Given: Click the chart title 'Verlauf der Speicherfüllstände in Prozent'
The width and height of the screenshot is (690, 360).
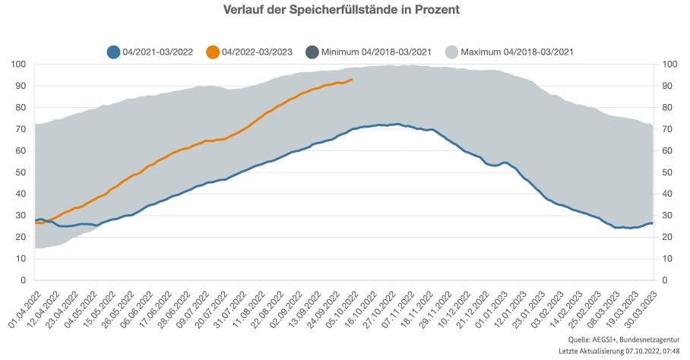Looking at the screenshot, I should (342, 11).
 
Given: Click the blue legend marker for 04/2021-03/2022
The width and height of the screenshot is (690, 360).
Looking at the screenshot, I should (113, 52).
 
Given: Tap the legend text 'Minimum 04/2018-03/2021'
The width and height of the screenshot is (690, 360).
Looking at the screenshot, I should (377, 52).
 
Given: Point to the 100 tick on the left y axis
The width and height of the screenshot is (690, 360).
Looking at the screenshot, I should (19, 64).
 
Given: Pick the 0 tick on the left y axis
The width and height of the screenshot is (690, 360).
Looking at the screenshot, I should (24, 280).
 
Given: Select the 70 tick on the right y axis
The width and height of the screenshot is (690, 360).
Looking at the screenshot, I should (669, 129).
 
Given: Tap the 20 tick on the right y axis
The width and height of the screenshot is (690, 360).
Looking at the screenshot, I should (669, 237).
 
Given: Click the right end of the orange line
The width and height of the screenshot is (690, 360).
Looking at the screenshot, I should (351, 79).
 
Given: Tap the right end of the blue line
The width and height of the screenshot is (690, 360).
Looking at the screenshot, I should (652, 223).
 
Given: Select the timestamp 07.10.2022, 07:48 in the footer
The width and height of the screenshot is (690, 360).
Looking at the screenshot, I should (652, 351).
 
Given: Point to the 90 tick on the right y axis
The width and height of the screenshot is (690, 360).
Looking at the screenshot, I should (669, 86).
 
